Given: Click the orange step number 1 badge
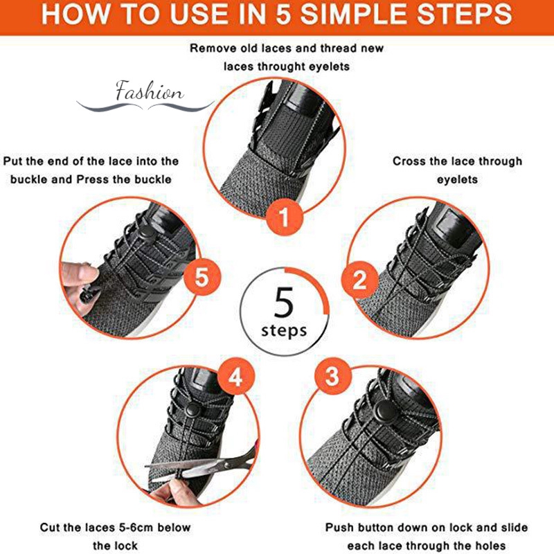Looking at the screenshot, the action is pos(285,217).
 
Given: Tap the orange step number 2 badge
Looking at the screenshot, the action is pos(359,280).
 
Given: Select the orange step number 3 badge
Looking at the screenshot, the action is pos(332,375).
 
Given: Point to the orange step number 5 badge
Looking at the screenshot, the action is pos(202,276).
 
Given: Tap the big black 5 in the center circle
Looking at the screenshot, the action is pos(283,303).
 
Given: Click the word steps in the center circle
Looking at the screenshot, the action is pos(284,331).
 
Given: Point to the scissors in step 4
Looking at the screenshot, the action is pos(202,465).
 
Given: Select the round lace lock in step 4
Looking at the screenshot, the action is pos(193,410).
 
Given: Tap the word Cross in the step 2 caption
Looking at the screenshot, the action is pos(409,161).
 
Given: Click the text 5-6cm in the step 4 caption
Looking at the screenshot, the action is pos(129,528).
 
